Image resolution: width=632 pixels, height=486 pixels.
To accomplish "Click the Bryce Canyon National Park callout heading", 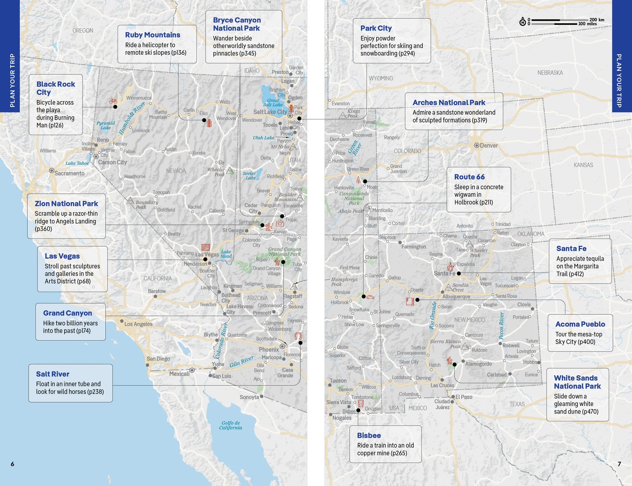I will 237,24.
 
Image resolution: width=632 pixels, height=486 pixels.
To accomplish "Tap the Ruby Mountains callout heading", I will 152,35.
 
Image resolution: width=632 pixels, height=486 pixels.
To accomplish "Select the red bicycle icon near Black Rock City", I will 113,101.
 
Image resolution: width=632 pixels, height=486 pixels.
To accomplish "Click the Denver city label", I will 488,146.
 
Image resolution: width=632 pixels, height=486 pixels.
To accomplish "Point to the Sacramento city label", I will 69,173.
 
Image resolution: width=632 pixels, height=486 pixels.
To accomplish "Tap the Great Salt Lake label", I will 273,102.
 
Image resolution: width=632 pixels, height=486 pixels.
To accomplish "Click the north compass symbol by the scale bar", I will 522,22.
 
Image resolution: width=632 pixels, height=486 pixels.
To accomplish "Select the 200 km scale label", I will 597,20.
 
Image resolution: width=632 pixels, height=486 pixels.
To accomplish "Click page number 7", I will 619,464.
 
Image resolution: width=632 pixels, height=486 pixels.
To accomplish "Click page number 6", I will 12,464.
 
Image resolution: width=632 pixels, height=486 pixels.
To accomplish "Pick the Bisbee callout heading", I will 369,435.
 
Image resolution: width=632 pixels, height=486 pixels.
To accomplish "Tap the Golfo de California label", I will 231,425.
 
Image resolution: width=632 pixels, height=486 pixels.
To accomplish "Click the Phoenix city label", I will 269,349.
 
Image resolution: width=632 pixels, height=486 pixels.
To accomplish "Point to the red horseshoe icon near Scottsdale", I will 298,336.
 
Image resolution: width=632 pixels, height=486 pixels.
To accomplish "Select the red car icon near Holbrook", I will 370,297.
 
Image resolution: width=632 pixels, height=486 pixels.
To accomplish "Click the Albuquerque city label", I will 456,297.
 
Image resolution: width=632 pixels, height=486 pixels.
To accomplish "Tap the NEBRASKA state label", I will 550,73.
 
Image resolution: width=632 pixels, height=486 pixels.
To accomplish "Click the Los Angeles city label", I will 138,324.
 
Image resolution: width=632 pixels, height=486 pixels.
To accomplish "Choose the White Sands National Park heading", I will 577,382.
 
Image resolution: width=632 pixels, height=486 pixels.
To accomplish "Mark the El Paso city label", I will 464,397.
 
